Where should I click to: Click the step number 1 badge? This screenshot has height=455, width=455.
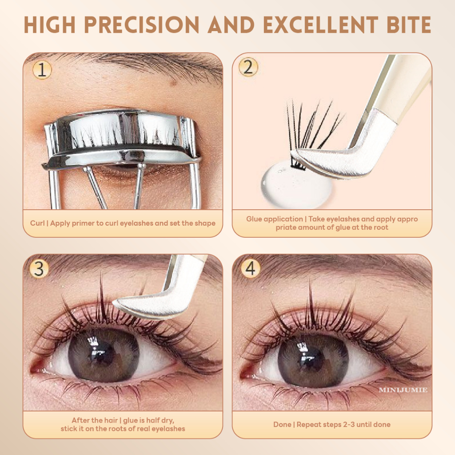click(42, 70)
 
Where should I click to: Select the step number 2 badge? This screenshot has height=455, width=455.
click(248, 67)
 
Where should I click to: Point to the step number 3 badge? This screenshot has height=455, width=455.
click(39, 269)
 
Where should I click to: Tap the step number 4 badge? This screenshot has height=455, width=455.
click(250, 268)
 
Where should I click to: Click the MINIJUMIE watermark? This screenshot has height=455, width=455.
click(403, 390)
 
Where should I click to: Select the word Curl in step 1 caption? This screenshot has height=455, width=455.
click(37, 223)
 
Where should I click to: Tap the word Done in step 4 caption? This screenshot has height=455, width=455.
click(282, 424)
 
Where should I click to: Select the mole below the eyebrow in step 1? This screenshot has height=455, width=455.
click(174, 83)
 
